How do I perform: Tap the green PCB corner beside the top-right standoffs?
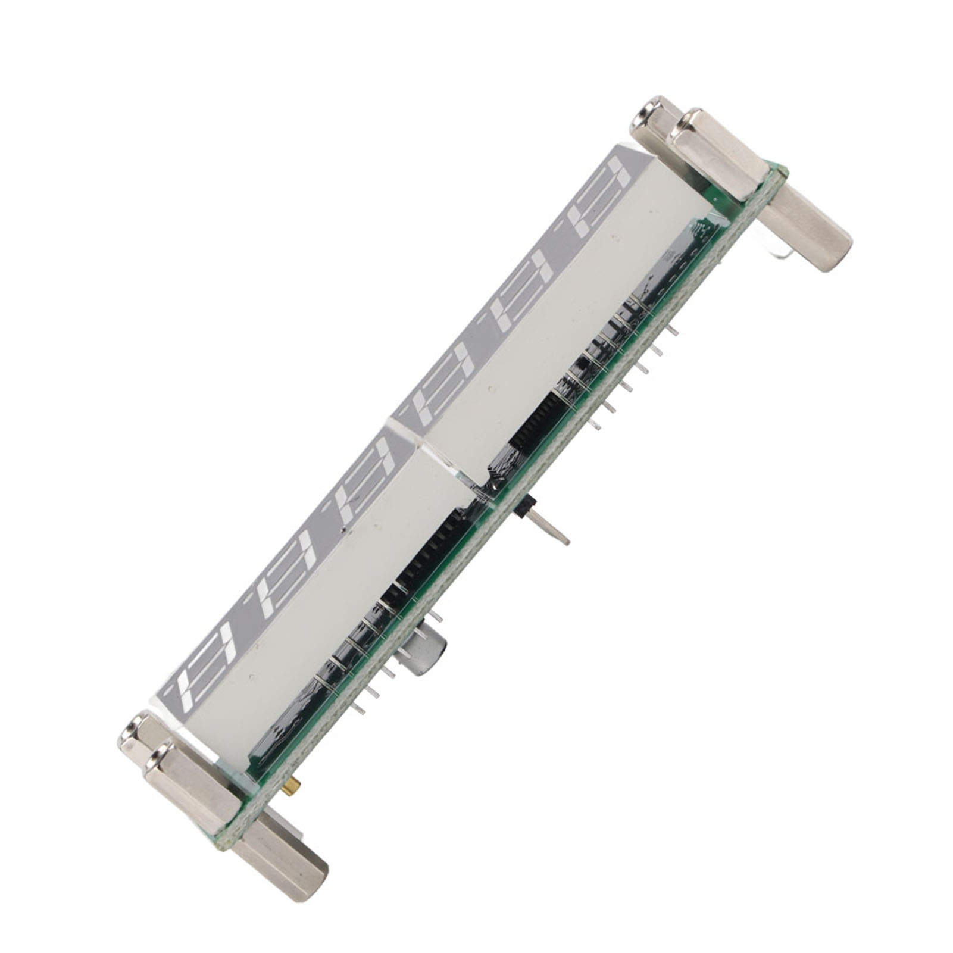click(777, 173)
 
